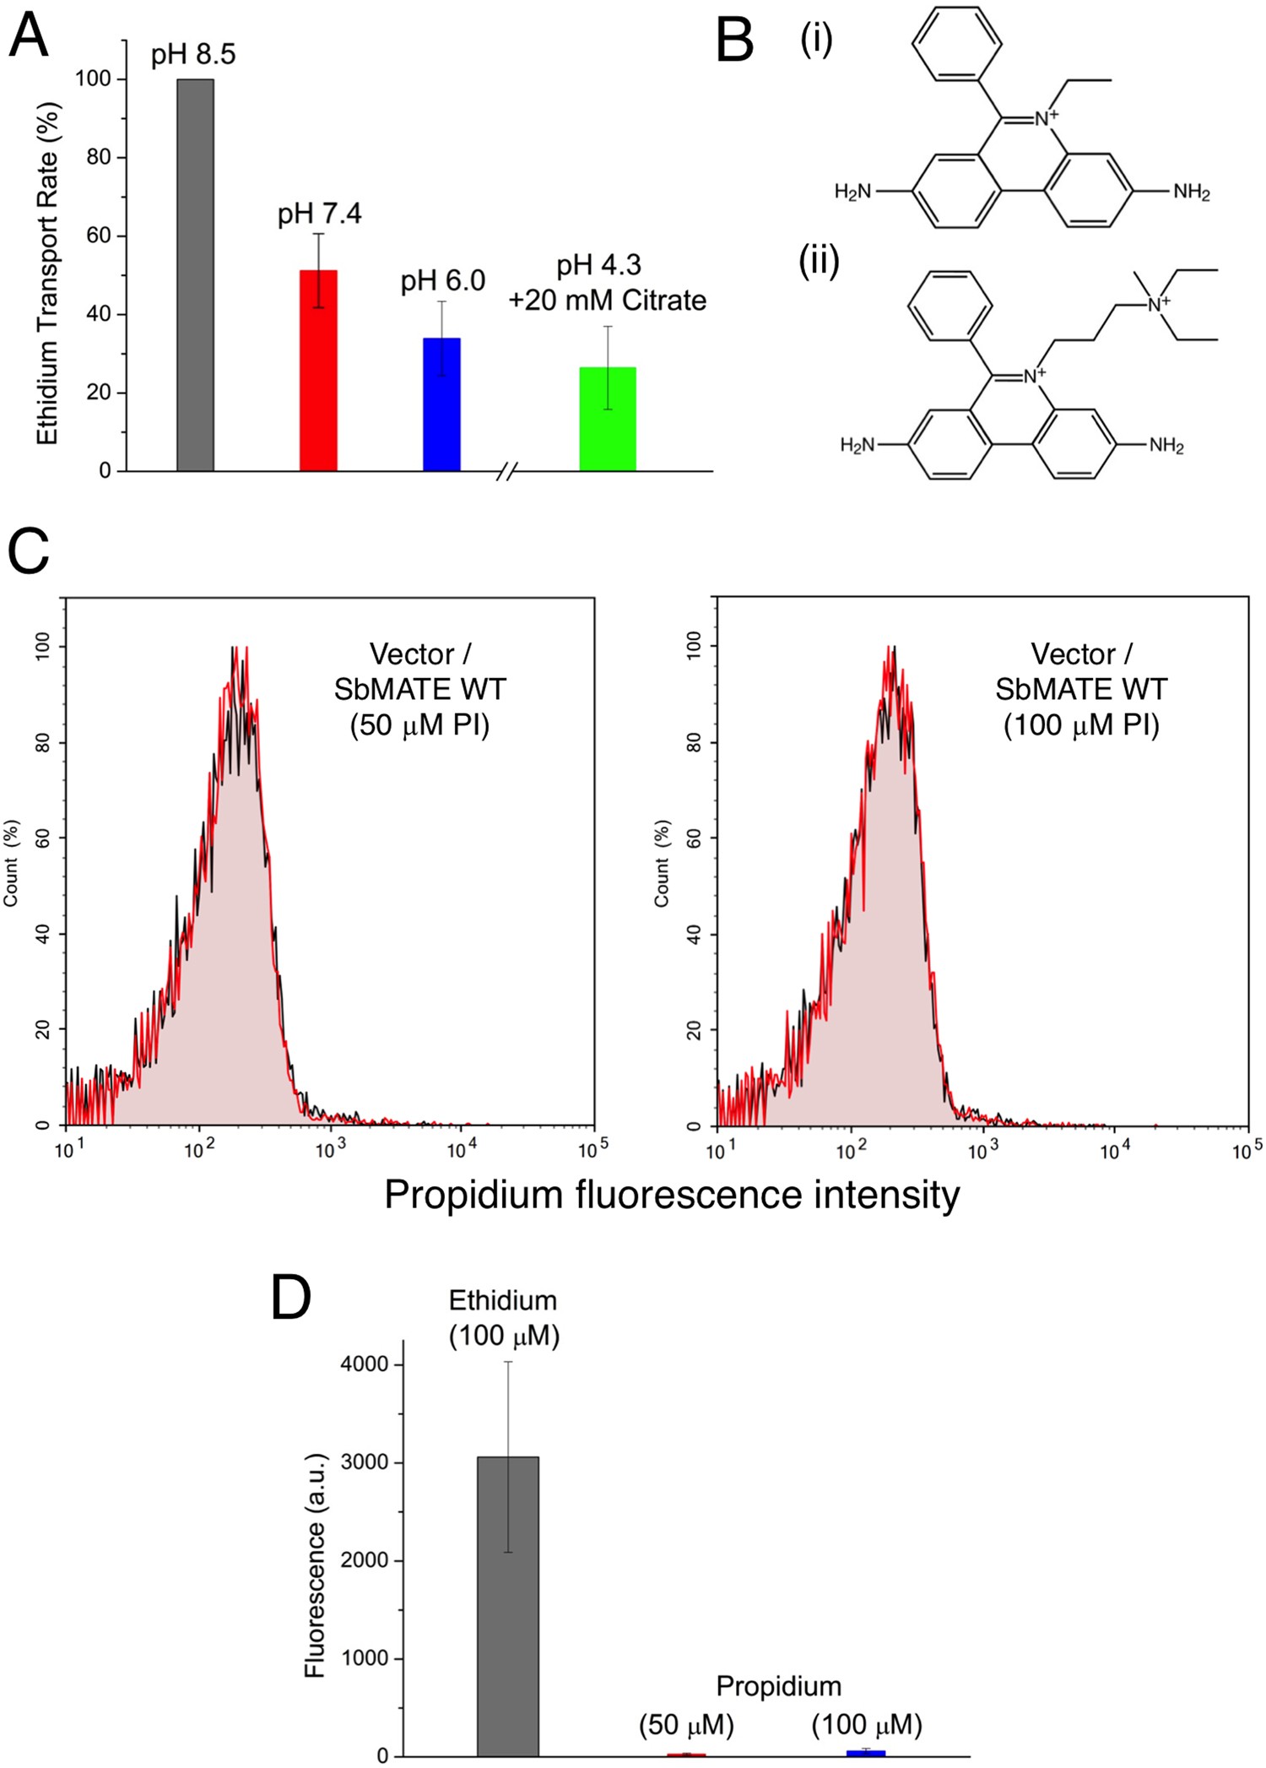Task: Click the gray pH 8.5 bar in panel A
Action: click(x=195, y=274)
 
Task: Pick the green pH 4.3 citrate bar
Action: click(x=607, y=419)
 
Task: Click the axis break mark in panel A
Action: click(x=506, y=471)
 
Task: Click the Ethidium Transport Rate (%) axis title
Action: click(x=48, y=274)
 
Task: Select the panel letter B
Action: click(x=733, y=41)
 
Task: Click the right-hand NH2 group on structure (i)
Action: click(x=1191, y=193)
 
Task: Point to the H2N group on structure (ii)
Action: click(x=858, y=445)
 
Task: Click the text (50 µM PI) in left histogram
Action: click(x=419, y=725)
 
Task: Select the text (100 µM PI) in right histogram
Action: click(x=1080, y=725)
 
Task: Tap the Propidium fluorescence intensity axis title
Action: click(x=672, y=1195)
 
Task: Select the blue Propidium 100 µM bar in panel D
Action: click(x=866, y=1753)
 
